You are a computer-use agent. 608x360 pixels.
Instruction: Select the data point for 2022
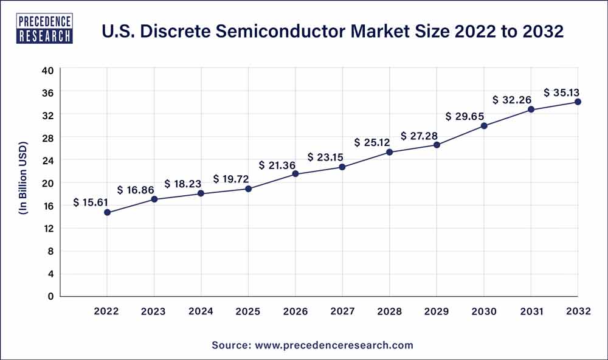107,212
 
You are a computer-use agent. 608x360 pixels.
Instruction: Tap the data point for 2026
295,174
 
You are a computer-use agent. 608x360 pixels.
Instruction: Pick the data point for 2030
484,126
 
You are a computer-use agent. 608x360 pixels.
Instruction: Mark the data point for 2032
578,102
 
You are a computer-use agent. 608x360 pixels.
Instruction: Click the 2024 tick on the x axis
201,311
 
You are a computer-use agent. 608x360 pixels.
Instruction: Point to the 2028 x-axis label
390,311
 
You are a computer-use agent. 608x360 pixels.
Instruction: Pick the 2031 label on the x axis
531,311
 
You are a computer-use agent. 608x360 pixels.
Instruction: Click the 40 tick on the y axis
48,70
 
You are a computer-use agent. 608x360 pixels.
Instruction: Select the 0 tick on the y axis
51,296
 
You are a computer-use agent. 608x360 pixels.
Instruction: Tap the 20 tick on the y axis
48,183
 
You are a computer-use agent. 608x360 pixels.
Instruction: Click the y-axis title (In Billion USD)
24,183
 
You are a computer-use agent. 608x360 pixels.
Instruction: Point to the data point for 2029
437,145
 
